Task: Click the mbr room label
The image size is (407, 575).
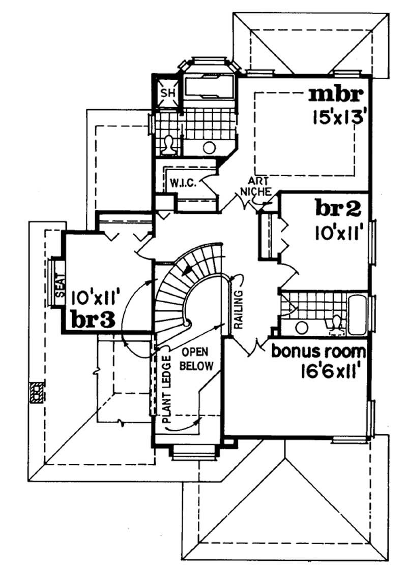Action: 337,95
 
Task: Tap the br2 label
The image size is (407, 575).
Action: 338,209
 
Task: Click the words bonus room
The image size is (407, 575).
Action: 318,351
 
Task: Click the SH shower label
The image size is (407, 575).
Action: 167,93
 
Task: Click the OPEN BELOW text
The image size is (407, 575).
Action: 197,359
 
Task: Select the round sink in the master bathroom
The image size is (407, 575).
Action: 209,148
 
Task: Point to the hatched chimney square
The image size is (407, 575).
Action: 37,392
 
